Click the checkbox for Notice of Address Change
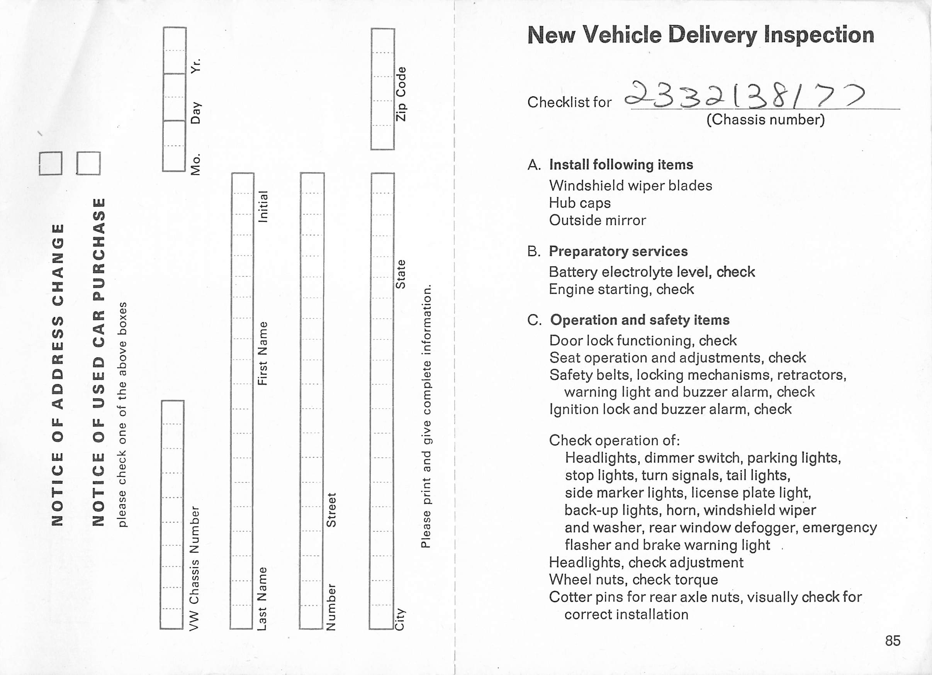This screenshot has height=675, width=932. (x=51, y=163)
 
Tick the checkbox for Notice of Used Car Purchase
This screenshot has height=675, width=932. (x=88, y=163)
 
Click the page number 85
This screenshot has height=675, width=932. (x=893, y=641)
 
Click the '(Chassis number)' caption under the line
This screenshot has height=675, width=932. (x=765, y=120)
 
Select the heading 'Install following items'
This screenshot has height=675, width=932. (x=621, y=165)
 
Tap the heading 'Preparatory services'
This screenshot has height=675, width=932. (x=618, y=251)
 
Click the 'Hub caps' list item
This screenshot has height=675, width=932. (x=579, y=203)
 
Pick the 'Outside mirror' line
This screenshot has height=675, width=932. (x=597, y=220)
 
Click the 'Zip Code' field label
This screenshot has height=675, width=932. (x=401, y=94)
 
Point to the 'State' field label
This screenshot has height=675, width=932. (x=400, y=274)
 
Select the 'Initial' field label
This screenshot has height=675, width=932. (x=263, y=207)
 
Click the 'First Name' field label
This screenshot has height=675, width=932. (x=263, y=353)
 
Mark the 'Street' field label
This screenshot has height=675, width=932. (x=331, y=510)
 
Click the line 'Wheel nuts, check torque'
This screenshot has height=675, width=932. (x=633, y=579)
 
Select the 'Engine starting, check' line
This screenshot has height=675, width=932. (x=621, y=289)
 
